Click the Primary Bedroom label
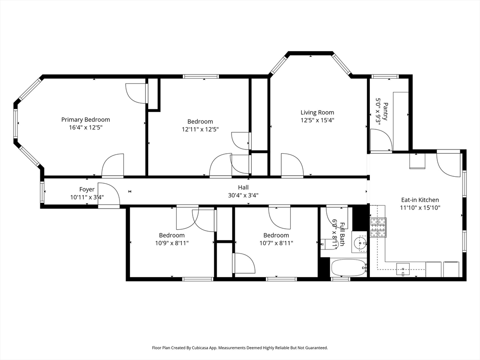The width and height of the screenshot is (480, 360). click(x=85, y=120)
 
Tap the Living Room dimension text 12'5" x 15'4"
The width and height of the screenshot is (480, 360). click(x=317, y=120)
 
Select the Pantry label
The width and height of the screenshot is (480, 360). click(x=385, y=112)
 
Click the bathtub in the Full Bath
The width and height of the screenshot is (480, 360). click(x=349, y=268)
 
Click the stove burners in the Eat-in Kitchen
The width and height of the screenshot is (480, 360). click(x=378, y=227)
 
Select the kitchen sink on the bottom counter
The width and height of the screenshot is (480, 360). click(x=403, y=269)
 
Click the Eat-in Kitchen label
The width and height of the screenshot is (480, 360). click(x=420, y=200)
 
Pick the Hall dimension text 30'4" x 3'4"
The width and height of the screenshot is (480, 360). click(x=243, y=195)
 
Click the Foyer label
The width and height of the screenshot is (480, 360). click(x=87, y=189)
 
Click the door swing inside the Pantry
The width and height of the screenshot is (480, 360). click(x=381, y=140)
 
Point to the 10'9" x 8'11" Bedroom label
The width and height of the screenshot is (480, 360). click(x=172, y=235)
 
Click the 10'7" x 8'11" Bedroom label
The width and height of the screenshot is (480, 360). click(x=276, y=235)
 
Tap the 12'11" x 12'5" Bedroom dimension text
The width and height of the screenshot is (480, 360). click(x=200, y=129)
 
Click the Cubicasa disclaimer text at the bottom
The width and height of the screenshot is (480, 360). click(x=240, y=348)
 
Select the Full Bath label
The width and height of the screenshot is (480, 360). click(x=342, y=234)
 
